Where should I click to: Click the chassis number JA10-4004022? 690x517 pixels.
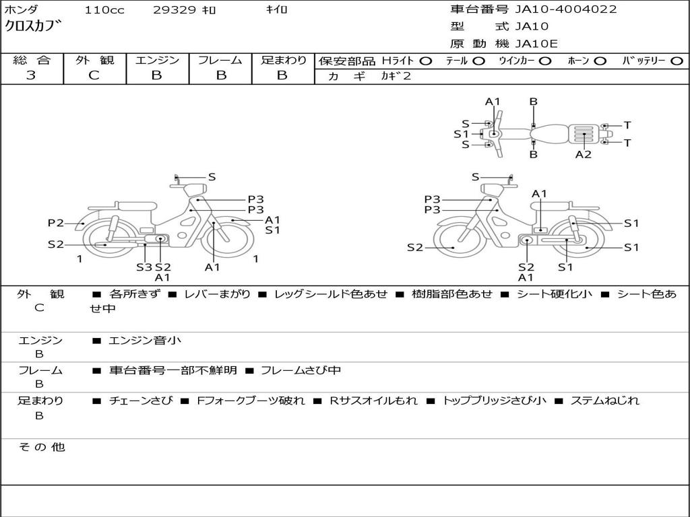pyautogui.click(x=566, y=9)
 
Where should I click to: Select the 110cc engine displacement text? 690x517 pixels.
pyautogui.click(x=104, y=10)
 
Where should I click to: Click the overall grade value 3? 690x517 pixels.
pyautogui.click(x=31, y=75)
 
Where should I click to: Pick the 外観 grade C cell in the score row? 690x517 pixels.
pyautogui.click(x=94, y=75)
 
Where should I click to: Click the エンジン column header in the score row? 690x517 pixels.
pyautogui.click(x=157, y=60)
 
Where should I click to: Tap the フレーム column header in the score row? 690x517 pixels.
pyautogui.click(x=220, y=60)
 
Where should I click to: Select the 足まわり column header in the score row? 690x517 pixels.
pyautogui.click(x=283, y=60)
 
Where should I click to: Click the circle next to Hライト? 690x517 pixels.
pyautogui.click(x=425, y=61)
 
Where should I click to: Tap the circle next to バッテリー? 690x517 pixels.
pyautogui.click(x=677, y=61)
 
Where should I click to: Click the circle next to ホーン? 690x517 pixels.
pyautogui.click(x=600, y=61)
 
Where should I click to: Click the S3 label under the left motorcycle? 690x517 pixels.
pyautogui.click(x=144, y=267)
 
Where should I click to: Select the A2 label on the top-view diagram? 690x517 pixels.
pyautogui.click(x=584, y=155)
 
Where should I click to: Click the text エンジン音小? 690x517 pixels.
pyautogui.click(x=146, y=341)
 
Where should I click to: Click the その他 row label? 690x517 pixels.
pyautogui.click(x=41, y=447)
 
